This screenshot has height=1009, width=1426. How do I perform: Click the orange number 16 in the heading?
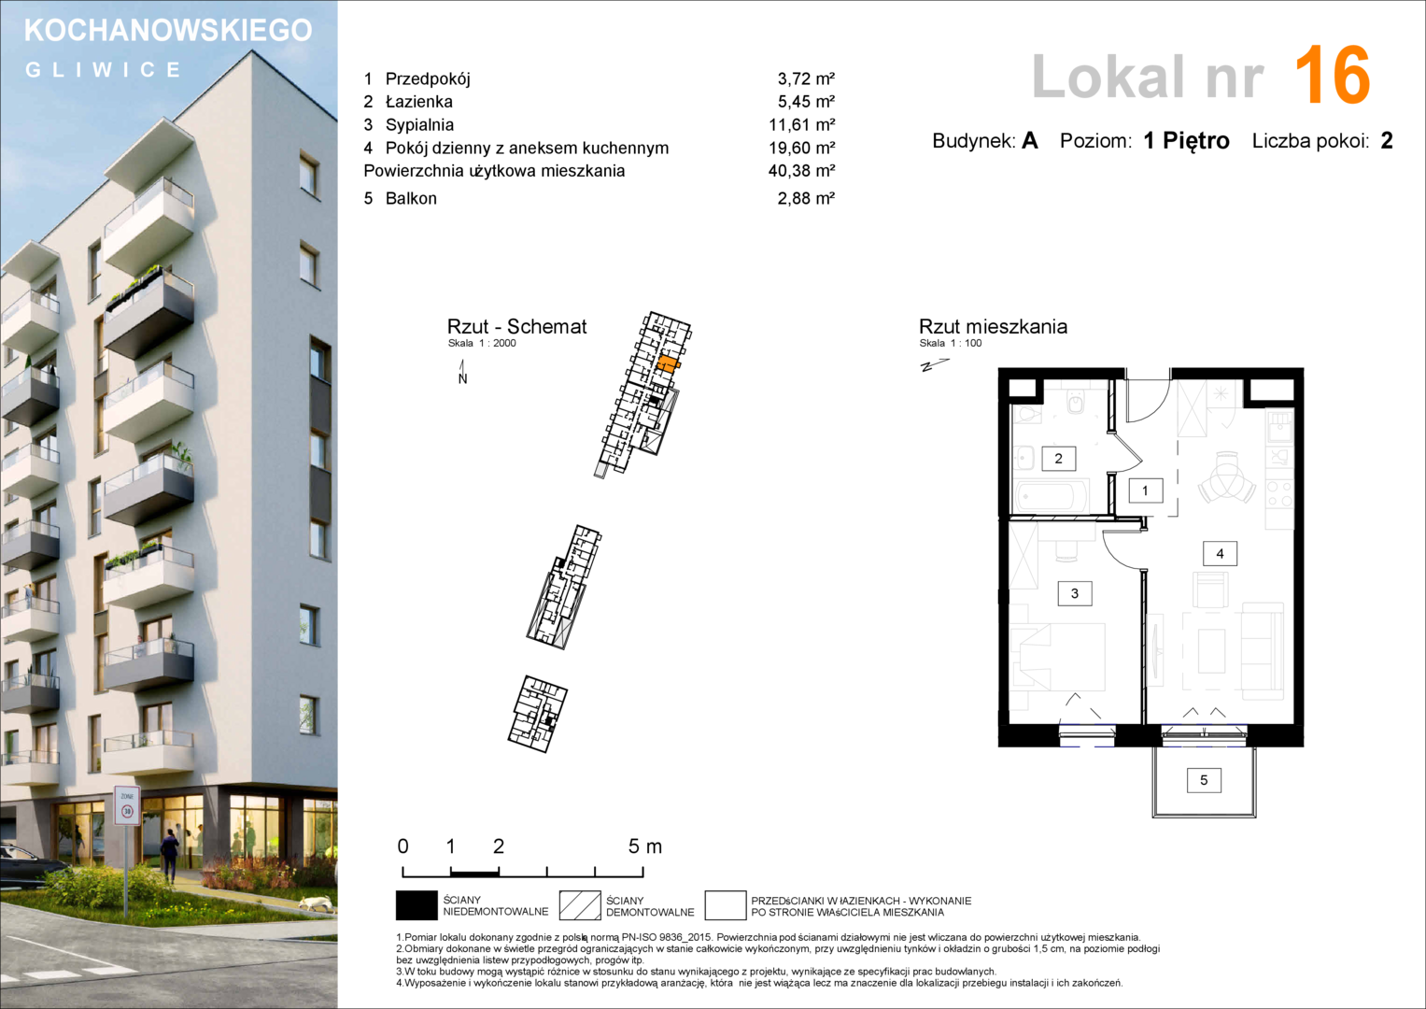pyautogui.click(x=1333, y=75)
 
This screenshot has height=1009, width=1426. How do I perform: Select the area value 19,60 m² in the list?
pyautogui.click(x=801, y=148)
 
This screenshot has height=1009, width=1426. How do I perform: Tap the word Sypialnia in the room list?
pyautogui.click(x=419, y=125)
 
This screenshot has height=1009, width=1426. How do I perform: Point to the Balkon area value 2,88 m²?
pyautogui.click(x=806, y=199)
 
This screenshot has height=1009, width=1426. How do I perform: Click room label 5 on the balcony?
pyautogui.click(x=1204, y=780)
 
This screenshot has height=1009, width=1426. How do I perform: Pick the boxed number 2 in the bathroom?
pyautogui.click(x=1059, y=459)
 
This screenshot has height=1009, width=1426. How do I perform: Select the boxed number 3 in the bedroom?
pyautogui.click(x=1075, y=593)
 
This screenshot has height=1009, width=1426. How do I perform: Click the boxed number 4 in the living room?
pyautogui.click(x=1220, y=553)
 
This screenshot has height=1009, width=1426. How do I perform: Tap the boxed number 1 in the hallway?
pyautogui.click(x=1145, y=490)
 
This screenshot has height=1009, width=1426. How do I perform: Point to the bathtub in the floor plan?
pyautogui.click(x=1050, y=497)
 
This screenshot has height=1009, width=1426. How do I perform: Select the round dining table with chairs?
pyautogui.click(x=1227, y=477)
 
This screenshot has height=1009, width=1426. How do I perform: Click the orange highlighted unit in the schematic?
pyautogui.click(x=668, y=363)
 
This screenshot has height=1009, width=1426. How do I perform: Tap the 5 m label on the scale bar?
pyautogui.click(x=645, y=846)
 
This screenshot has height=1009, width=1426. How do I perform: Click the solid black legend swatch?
pyautogui.click(x=417, y=906)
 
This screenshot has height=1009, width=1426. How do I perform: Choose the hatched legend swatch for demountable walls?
pyautogui.click(x=580, y=906)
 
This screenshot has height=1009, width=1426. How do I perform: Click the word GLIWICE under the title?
pyautogui.click(x=104, y=69)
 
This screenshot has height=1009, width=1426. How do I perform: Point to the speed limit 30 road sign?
pyautogui.click(x=127, y=805)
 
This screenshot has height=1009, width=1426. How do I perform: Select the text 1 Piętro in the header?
pyautogui.click(x=1186, y=141)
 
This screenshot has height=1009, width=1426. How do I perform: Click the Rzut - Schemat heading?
pyautogui.click(x=517, y=327)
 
